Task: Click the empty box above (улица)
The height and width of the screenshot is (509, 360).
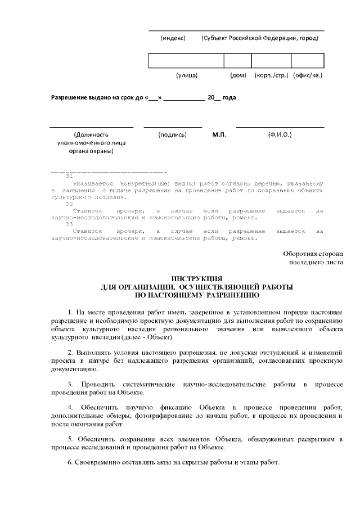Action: point(186,61)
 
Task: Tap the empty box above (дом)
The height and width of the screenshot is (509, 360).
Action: point(237,61)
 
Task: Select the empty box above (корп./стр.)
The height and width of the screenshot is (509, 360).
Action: point(271,61)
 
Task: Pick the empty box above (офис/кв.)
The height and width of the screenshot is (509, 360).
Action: point(307,61)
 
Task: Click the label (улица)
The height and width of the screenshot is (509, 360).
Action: point(187,75)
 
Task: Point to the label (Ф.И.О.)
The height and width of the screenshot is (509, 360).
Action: point(280,135)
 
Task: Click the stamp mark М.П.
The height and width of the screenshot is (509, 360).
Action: point(219,135)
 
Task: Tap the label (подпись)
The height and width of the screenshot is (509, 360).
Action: point(173,135)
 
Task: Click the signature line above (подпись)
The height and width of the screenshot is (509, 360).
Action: point(173,127)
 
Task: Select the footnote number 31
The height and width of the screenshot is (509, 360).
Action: point(70,177)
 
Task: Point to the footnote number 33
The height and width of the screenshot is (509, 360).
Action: point(70,224)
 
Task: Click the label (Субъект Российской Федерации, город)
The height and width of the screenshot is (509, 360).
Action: point(259,38)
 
